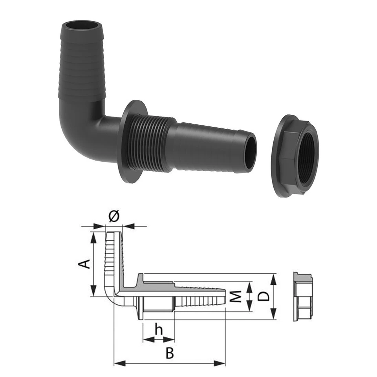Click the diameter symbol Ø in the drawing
[113, 216]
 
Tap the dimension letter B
[169, 353]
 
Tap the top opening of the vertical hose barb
[82, 27]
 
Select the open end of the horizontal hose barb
[250, 152]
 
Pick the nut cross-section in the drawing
[301, 296]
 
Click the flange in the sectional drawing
[140, 296]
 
